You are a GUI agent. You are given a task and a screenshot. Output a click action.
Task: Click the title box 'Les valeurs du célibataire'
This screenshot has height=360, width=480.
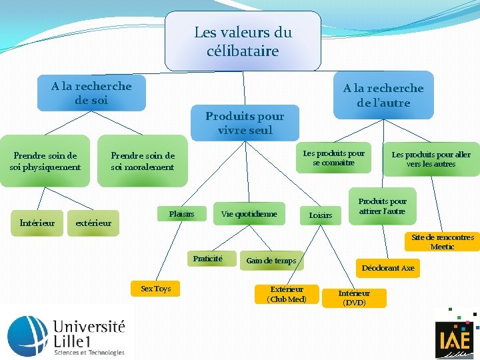point(243,41)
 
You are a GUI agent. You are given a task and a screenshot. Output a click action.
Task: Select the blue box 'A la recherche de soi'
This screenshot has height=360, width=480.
point(91,93)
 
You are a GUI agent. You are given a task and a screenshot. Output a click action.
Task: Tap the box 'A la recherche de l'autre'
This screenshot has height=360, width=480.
point(383,95)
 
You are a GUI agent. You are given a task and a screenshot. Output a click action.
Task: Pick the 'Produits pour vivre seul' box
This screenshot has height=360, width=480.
point(245,123)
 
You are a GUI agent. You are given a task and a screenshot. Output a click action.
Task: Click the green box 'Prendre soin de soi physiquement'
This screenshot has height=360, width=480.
point(45,161)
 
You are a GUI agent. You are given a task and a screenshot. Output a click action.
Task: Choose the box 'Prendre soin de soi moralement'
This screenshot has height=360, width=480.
point(143,161)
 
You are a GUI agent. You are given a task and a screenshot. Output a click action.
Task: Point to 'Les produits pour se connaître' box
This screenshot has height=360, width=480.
point(334,158)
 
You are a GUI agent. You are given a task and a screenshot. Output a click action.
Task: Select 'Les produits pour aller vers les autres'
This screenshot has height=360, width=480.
point(431,159)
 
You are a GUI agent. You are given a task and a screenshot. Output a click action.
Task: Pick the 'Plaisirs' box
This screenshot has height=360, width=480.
point(181,214)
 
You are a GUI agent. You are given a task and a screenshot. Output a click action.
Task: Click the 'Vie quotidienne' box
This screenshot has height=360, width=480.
point(249,214)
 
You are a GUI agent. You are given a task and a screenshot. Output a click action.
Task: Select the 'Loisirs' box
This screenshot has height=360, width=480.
point(320,215)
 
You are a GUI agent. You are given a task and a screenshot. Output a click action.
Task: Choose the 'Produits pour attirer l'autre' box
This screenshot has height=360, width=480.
point(382,207)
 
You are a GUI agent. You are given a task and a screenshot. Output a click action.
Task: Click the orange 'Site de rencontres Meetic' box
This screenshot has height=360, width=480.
point(442,241)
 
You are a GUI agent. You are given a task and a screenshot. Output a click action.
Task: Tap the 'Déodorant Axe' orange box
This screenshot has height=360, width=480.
point(388,268)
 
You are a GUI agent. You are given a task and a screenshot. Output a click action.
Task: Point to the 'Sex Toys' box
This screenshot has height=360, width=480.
point(155,289)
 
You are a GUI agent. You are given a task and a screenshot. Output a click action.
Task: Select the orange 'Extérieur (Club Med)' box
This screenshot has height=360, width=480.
point(287,294)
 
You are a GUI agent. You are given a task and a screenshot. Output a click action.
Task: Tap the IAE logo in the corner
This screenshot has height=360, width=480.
point(455,337)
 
